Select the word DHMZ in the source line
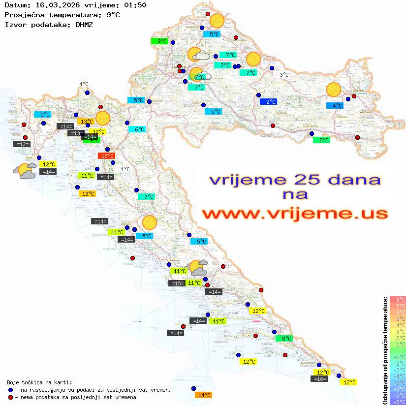point(83,24)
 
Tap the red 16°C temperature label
point(106,156)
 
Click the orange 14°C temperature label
point(203,395)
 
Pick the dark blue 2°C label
point(268,102)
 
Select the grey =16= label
point(319,379)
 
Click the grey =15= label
point(177,283)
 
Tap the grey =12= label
point(22,144)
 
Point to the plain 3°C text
point(284,75)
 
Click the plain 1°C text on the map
point(125,169)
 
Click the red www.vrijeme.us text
point(294,214)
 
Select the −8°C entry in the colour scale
point(398,402)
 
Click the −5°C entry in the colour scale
point(398,382)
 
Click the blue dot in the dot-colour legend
point(10,390)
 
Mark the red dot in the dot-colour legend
point(10,397)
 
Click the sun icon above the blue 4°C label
point(334,91)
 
